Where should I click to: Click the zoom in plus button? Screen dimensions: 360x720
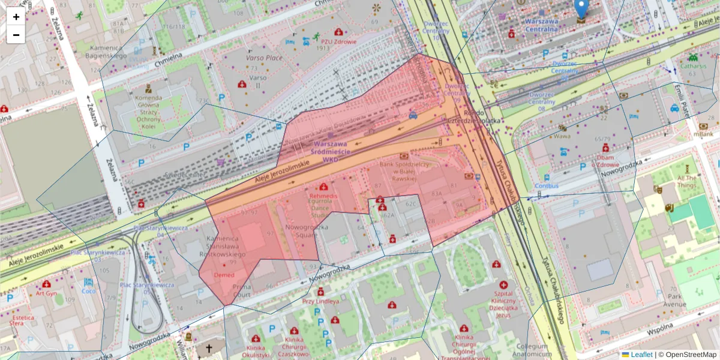16,17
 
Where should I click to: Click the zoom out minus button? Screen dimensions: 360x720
16,35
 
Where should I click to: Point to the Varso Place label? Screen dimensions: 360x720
264,58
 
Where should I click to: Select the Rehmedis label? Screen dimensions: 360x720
323,196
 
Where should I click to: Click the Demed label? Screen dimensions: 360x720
224,275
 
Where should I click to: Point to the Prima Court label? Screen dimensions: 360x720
241,291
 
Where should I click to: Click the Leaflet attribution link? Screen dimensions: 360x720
641,355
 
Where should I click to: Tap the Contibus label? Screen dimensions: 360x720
547,185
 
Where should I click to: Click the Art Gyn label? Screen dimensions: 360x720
46,293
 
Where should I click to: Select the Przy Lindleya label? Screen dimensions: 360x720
320,301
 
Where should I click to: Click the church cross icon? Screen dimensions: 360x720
209,349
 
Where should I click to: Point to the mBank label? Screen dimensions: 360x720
703,134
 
